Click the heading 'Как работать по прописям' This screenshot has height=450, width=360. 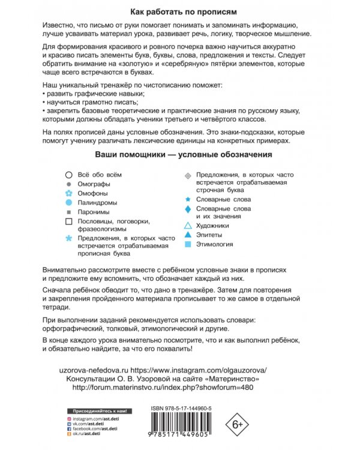point(180,11)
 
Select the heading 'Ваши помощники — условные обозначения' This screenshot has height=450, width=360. point(180,154)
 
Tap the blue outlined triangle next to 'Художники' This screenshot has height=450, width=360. point(188,226)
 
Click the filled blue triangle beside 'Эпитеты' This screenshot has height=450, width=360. point(188,235)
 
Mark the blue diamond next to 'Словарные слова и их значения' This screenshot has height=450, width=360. point(188,209)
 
